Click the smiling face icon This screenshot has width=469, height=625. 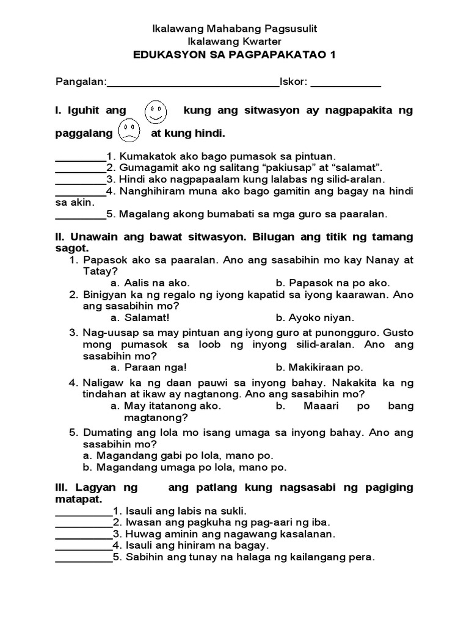(x=156, y=112)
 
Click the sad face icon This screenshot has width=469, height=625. (x=128, y=131)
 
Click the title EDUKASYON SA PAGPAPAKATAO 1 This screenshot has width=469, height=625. (x=235, y=55)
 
